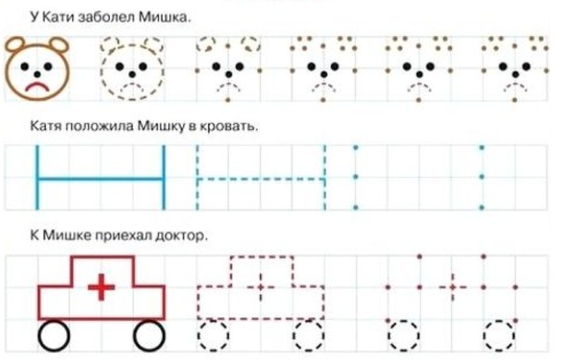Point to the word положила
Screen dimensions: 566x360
click(x=99, y=126)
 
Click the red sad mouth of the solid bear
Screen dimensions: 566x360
click(x=37, y=87)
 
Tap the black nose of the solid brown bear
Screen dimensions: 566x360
click(x=37, y=74)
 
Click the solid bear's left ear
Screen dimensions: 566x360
click(x=14, y=45)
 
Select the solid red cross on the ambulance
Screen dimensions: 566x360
click(x=101, y=287)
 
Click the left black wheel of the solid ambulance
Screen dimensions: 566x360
click(x=53, y=336)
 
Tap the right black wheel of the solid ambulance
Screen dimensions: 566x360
click(x=149, y=336)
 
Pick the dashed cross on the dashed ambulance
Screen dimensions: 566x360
click(x=261, y=287)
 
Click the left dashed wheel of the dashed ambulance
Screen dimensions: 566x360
click(x=213, y=336)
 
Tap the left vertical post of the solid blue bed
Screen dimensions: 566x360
click(x=37, y=177)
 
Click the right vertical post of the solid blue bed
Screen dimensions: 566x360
click(x=163, y=177)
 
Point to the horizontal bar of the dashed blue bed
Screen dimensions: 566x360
click(x=261, y=179)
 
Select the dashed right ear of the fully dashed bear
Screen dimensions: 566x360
click(x=154, y=45)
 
